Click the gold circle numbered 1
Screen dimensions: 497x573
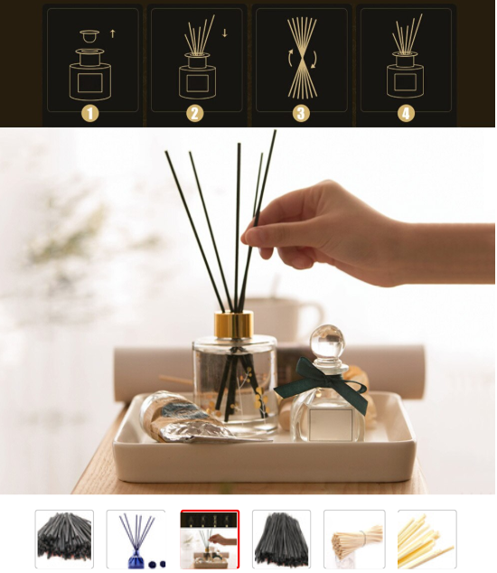89,113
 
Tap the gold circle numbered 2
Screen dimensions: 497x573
195,113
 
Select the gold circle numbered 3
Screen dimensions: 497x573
301,113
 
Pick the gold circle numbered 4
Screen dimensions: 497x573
406,113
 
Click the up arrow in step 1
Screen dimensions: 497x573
113,33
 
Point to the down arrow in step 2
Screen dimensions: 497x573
225,33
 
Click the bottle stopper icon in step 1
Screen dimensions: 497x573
89,36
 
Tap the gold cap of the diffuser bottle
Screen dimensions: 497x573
234,324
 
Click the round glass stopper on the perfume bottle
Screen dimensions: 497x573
327,342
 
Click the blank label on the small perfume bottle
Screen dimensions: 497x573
331,424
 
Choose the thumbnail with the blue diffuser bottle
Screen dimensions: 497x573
136,539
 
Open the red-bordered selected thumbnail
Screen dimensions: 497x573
210,539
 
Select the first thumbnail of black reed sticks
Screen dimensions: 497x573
64,539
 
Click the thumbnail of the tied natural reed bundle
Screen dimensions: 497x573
354,539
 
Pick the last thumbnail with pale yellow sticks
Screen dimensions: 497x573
427,539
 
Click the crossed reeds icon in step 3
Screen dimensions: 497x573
302,59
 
